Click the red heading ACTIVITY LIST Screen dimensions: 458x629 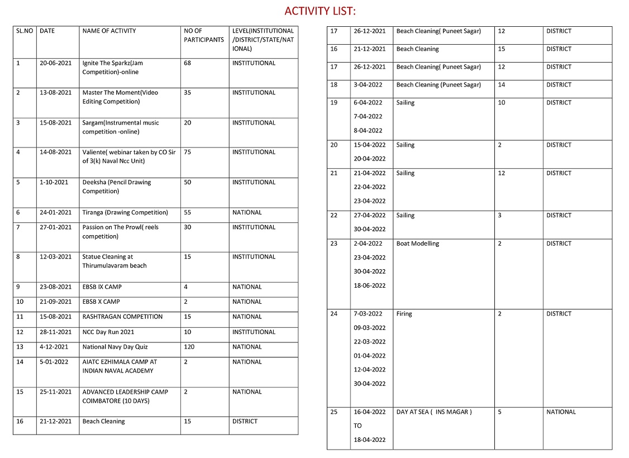(320, 11)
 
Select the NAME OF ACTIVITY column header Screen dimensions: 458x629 (109, 31)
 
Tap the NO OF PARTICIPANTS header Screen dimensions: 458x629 (203, 35)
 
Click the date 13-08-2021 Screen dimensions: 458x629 (55, 93)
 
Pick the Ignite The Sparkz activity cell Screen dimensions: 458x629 (112, 68)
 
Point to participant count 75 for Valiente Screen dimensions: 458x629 (188, 152)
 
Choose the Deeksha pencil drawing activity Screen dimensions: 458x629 (116, 187)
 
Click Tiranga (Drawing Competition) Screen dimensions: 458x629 (125, 212)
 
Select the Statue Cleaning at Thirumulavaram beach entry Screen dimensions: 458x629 (114, 261)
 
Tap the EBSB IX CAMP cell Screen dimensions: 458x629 (102, 287)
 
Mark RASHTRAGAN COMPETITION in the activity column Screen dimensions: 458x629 (122, 317)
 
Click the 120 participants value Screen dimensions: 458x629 (189, 347)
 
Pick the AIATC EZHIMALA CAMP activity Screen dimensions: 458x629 (120, 366)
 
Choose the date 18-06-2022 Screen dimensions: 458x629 (369, 285)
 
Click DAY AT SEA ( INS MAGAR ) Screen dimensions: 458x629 (433, 412)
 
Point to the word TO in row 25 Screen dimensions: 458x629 (358, 426)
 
